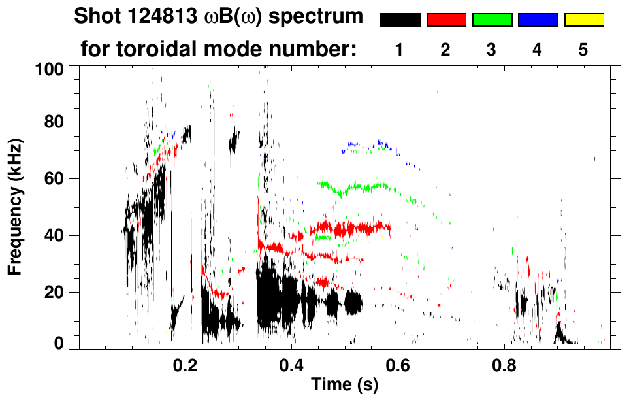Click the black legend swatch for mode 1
[x=400, y=20]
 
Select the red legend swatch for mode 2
[x=446, y=20]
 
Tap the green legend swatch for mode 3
[x=492, y=20]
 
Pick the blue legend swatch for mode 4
[x=538, y=20]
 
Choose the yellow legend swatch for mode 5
[x=583, y=20]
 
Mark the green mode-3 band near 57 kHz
[x=359, y=188]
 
